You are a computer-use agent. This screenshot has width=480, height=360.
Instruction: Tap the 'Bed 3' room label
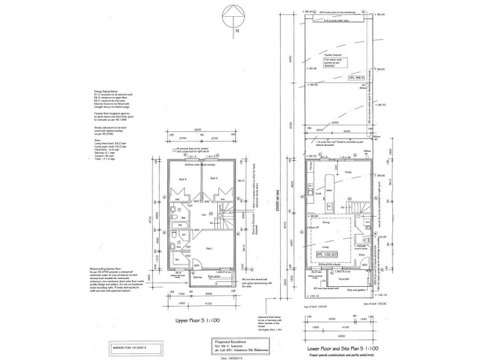coord(184,179)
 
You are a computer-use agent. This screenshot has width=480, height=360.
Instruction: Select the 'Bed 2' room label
coord(212,179)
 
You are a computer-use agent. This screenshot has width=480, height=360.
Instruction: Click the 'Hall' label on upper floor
coord(204,214)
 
